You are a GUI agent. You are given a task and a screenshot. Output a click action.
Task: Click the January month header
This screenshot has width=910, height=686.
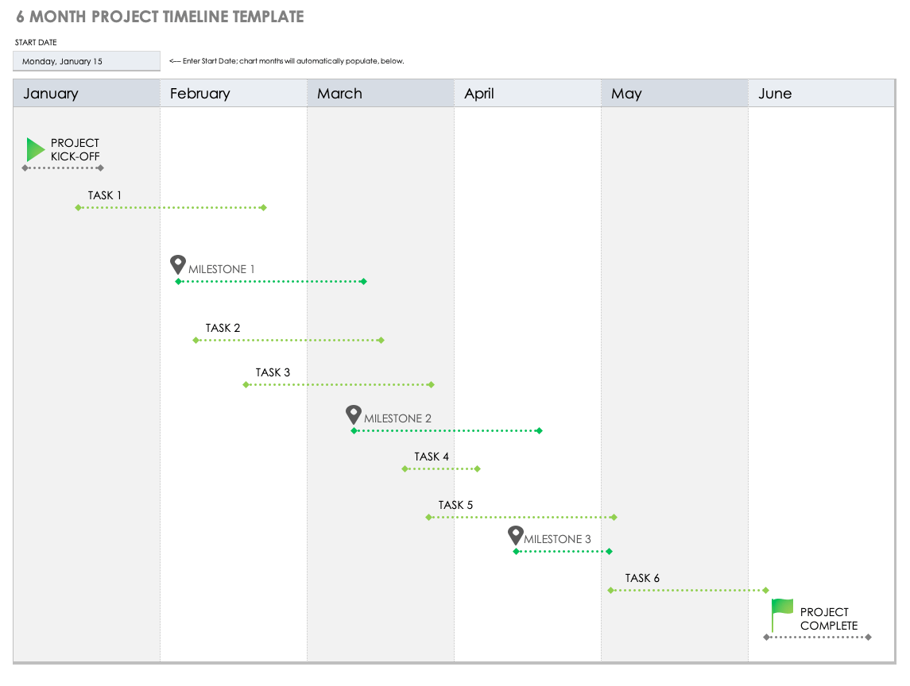pyautogui.click(x=51, y=94)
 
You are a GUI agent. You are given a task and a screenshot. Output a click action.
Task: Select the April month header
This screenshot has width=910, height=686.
pyautogui.click(x=479, y=94)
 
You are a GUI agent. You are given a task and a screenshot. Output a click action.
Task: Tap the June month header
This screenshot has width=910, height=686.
pyautogui.click(x=775, y=94)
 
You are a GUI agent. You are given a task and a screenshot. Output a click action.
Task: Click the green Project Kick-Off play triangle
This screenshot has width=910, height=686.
pyautogui.click(x=35, y=149)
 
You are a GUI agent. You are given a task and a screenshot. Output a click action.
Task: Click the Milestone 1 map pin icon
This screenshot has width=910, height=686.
pyautogui.click(x=178, y=264)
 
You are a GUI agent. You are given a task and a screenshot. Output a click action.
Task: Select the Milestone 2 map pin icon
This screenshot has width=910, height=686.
pyautogui.click(x=354, y=414)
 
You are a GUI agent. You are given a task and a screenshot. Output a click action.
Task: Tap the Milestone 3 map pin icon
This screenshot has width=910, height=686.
pyautogui.click(x=516, y=534)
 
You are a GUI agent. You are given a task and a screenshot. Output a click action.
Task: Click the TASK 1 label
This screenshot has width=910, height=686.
pyautogui.click(x=105, y=195)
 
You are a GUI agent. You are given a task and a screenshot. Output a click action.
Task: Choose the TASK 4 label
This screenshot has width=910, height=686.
pyautogui.click(x=432, y=457)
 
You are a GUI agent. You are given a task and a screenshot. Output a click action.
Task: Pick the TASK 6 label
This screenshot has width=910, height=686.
pyautogui.click(x=642, y=578)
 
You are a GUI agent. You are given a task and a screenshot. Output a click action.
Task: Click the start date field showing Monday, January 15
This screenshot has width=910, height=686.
pyautogui.click(x=87, y=61)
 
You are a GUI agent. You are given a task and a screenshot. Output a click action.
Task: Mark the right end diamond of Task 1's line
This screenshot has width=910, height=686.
pyautogui.click(x=264, y=207)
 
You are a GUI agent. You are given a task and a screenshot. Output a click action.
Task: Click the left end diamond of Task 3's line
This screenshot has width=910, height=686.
pyautogui.click(x=246, y=384)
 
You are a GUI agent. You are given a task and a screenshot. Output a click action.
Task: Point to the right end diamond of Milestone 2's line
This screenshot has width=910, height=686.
pyautogui.click(x=539, y=430)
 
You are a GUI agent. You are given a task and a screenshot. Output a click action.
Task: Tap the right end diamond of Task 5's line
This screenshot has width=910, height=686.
pyautogui.click(x=614, y=517)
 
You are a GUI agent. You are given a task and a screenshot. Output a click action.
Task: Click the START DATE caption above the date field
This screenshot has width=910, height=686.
pyautogui.click(x=36, y=42)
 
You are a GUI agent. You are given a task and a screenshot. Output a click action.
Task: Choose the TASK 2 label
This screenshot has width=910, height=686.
pyautogui.click(x=223, y=328)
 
